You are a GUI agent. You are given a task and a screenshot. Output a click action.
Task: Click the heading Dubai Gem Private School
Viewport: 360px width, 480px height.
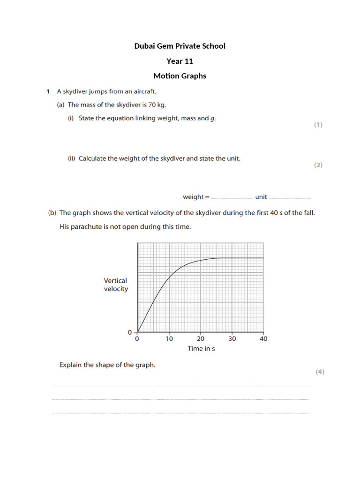180,46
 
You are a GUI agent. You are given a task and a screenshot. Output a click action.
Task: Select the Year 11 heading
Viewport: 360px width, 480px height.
180,61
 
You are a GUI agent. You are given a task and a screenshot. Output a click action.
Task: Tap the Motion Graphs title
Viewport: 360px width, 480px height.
180,76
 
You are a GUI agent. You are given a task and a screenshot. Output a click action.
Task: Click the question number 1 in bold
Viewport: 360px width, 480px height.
48,91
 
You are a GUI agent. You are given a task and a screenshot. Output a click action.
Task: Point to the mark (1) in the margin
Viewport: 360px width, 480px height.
318,125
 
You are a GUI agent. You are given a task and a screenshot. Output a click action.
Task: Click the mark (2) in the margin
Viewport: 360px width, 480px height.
318,165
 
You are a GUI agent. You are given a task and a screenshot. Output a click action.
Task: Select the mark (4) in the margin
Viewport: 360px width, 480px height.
319,372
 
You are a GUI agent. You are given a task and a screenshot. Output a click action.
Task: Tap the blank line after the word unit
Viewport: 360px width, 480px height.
290,198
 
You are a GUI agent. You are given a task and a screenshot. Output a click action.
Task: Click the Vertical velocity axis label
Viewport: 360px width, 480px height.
115,285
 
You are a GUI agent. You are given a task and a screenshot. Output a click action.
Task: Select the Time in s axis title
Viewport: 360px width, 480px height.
201,349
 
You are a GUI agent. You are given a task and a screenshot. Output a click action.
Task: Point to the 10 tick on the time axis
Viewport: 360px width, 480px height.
169,339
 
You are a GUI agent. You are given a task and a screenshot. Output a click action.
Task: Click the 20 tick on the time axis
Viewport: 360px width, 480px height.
201,339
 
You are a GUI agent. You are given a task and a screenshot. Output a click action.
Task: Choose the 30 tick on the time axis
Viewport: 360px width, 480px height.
232,339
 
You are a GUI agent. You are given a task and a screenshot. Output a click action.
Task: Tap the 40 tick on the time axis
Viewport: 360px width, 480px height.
263,339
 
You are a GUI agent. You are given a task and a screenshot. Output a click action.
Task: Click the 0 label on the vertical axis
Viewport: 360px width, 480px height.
130,332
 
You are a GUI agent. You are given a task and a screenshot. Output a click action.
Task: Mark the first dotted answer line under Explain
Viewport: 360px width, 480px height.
180,386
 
